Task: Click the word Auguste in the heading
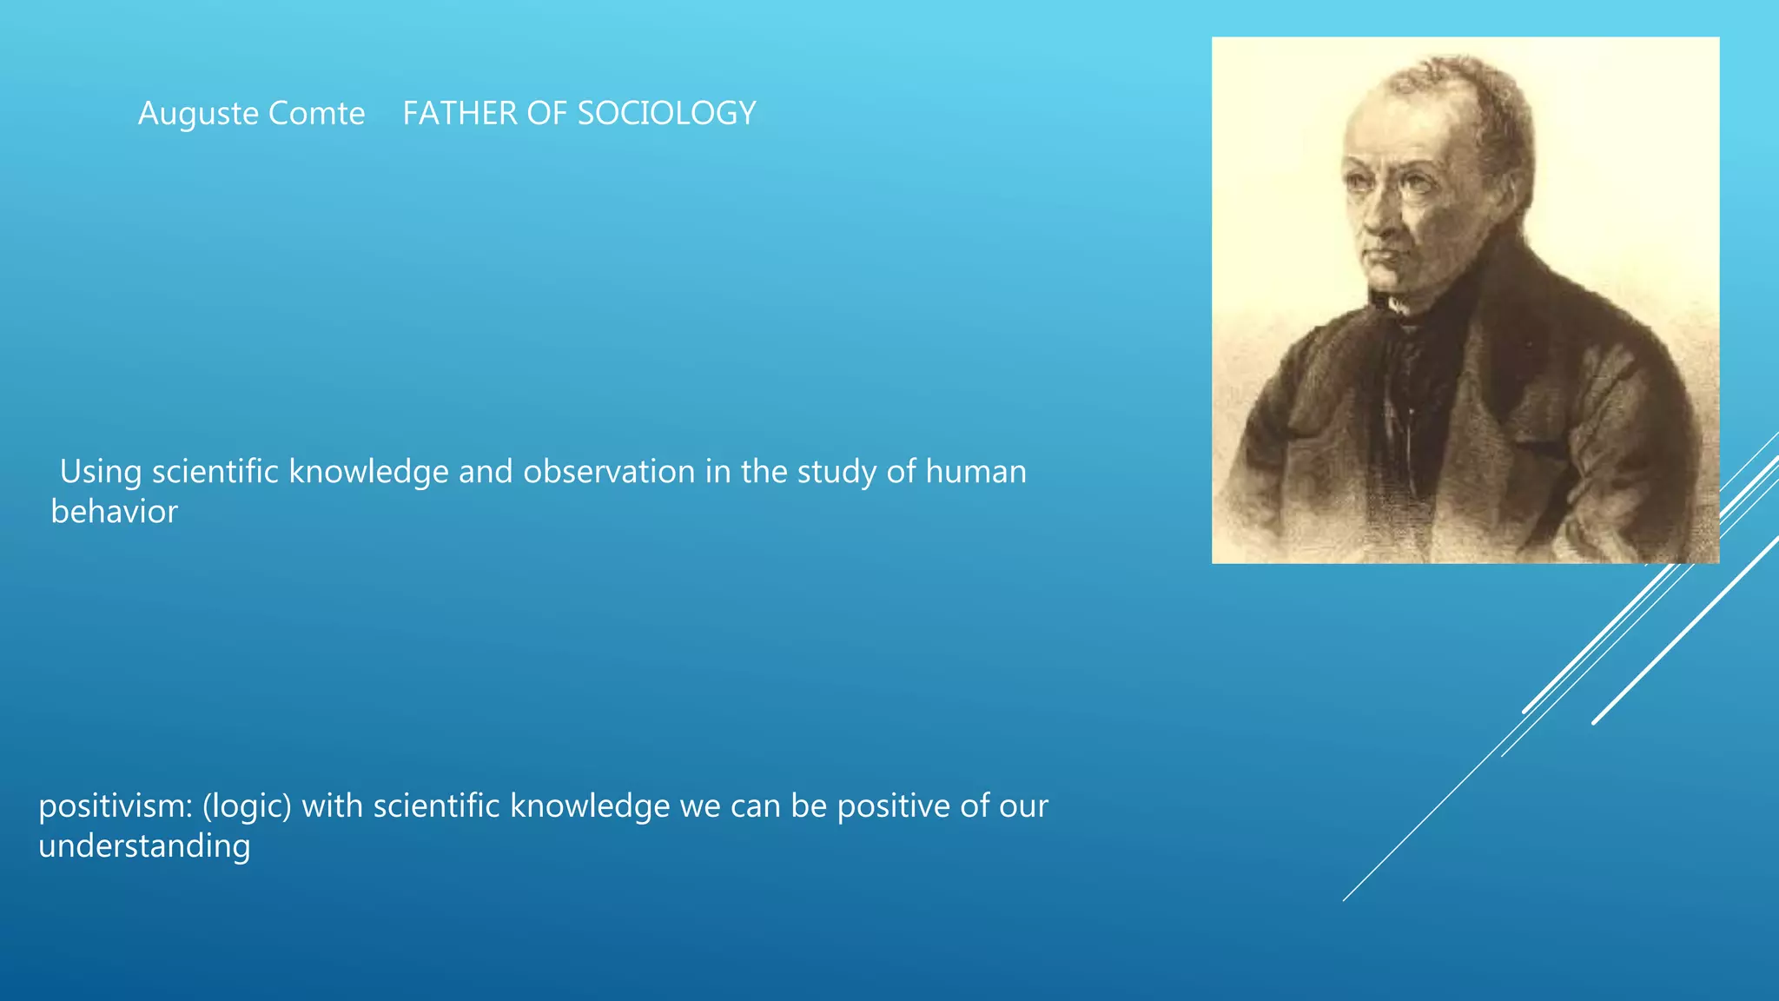pos(198,114)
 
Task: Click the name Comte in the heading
pos(316,114)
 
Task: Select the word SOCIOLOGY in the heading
pos(666,114)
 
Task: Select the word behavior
pos(114,512)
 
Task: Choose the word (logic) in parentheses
pos(247,806)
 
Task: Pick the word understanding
pos(144,846)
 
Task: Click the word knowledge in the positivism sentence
pos(590,806)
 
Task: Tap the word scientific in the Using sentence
pos(215,472)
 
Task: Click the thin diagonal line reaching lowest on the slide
pos(1390,856)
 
